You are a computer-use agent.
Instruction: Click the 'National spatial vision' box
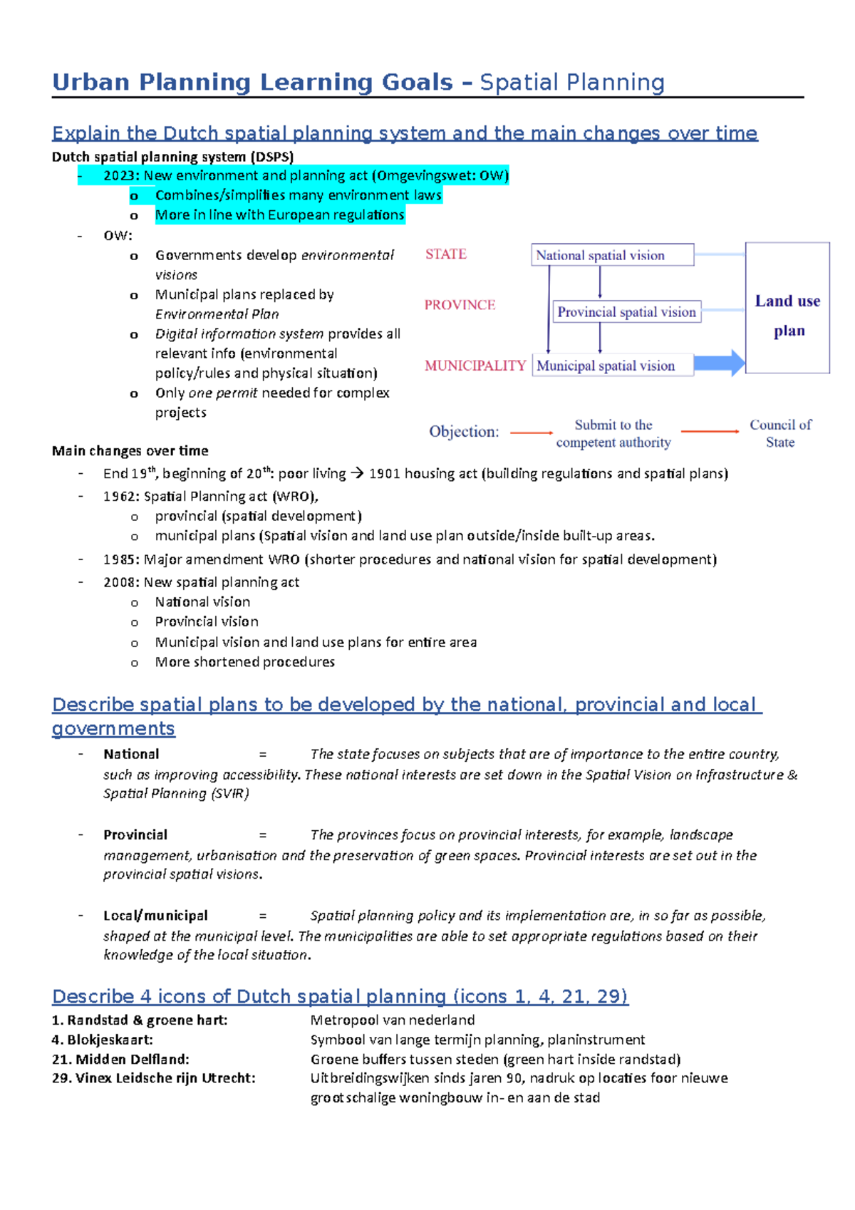612,255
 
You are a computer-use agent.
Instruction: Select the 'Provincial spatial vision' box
627,312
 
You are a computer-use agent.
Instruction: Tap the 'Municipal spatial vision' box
613,366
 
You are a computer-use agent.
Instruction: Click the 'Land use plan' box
787,308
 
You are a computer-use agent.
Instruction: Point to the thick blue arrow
719,363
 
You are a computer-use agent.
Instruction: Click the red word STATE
446,254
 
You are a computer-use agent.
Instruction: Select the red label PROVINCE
460,305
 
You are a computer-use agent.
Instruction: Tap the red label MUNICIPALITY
475,366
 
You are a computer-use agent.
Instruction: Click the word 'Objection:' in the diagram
464,432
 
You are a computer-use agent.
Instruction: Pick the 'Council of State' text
780,433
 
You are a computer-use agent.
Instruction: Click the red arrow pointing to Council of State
710,431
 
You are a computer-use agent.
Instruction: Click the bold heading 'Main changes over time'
130,451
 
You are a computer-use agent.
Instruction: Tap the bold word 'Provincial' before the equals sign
135,835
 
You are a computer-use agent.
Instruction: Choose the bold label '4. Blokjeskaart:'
103,1040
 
